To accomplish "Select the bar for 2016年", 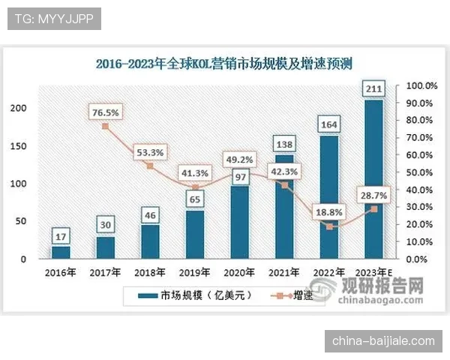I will click(x=61, y=252).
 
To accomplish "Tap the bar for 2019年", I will click(x=195, y=234).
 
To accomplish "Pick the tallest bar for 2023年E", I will click(x=373, y=180).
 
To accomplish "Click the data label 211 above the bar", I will click(x=373, y=90).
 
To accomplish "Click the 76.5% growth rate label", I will click(x=105, y=112).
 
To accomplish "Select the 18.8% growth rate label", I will click(x=328, y=212).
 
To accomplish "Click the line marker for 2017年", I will click(x=105, y=126).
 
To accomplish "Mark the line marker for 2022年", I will click(x=328, y=226).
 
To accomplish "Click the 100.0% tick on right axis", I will click(x=421, y=85).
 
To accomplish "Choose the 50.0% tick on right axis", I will click(x=421, y=172).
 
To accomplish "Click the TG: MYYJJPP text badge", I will click(x=54, y=19).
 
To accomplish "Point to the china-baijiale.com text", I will click(x=383, y=340).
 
